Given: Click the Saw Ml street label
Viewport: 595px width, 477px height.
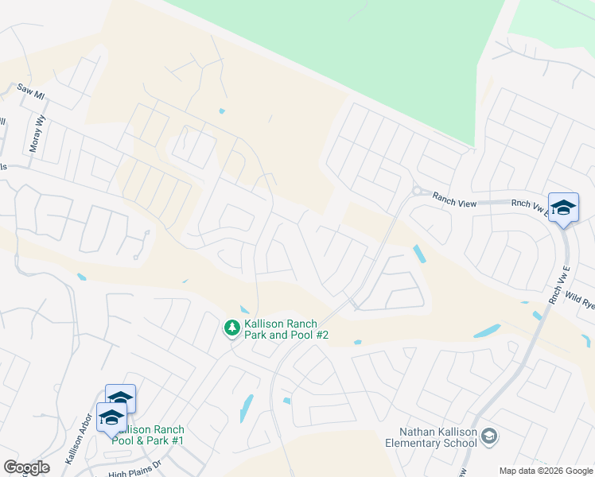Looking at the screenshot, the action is (x=32, y=93).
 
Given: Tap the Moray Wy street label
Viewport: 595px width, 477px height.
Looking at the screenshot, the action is (x=39, y=127).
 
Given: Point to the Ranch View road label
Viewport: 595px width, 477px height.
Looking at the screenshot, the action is (x=454, y=202).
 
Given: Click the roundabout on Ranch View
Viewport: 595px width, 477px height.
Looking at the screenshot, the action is (x=416, y=191).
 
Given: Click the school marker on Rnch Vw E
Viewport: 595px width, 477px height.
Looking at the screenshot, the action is (x=563, y=208).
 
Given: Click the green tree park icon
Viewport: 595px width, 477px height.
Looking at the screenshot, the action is (x=231, y=327).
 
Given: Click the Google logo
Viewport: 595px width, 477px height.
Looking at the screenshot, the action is (x=26, y=467).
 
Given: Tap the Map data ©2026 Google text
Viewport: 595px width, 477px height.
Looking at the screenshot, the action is (x=545, y=471).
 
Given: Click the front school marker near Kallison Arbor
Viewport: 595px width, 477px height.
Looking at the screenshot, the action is (x=111, y=417).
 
